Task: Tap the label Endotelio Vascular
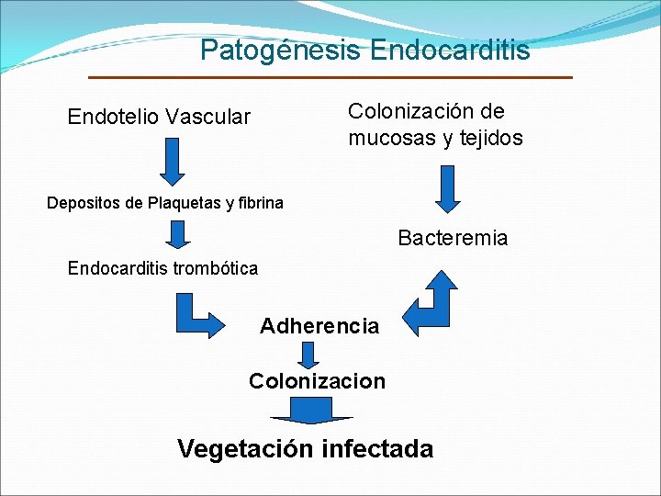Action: pos(159,117)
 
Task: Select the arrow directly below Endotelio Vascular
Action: pos(173,162)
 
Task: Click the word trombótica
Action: pos(216,269)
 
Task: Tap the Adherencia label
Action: pos(319,326)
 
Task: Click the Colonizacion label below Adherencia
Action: pos(317,381)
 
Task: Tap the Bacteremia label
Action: pos(453,239)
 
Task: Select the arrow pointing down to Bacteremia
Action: pos(448,188)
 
